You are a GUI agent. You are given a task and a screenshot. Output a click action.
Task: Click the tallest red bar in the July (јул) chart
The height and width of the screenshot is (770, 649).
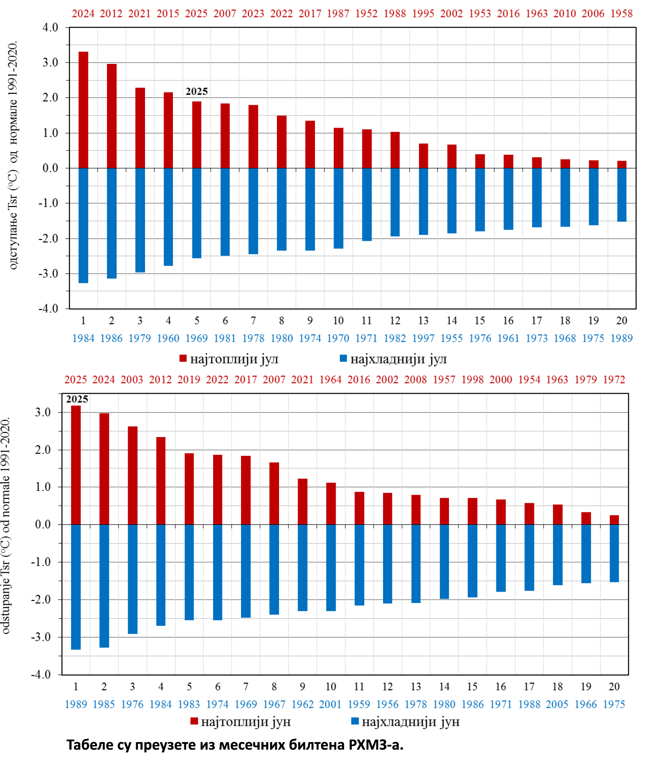83,110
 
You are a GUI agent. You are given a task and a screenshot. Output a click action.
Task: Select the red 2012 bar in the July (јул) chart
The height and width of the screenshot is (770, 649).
112,116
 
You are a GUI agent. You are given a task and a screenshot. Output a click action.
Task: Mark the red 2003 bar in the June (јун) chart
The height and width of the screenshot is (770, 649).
132,475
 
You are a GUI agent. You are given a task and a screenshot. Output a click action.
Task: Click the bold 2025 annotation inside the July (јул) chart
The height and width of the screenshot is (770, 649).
197,91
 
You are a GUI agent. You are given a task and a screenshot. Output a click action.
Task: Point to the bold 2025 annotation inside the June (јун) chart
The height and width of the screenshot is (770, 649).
77,399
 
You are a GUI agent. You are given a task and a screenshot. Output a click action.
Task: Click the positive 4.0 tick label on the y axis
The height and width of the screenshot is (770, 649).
50,27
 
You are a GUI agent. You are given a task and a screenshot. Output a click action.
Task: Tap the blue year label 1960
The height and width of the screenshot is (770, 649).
168,338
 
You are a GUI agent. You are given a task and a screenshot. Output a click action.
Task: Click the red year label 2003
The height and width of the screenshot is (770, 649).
132,380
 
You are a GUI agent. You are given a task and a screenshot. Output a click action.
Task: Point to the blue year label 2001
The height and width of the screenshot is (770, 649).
330,704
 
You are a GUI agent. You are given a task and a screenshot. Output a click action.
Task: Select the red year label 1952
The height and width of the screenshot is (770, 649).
366,14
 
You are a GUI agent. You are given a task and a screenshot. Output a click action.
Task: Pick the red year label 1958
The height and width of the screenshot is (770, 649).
622,14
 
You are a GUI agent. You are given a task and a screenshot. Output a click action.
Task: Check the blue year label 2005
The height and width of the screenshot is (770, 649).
557,704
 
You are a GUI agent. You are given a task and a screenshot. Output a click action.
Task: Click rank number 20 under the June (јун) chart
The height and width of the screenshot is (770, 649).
614,687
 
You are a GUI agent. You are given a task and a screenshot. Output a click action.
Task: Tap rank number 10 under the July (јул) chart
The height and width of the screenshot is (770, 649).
338,321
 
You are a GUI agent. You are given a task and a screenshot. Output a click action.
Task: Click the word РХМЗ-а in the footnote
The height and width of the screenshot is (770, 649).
376,745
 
